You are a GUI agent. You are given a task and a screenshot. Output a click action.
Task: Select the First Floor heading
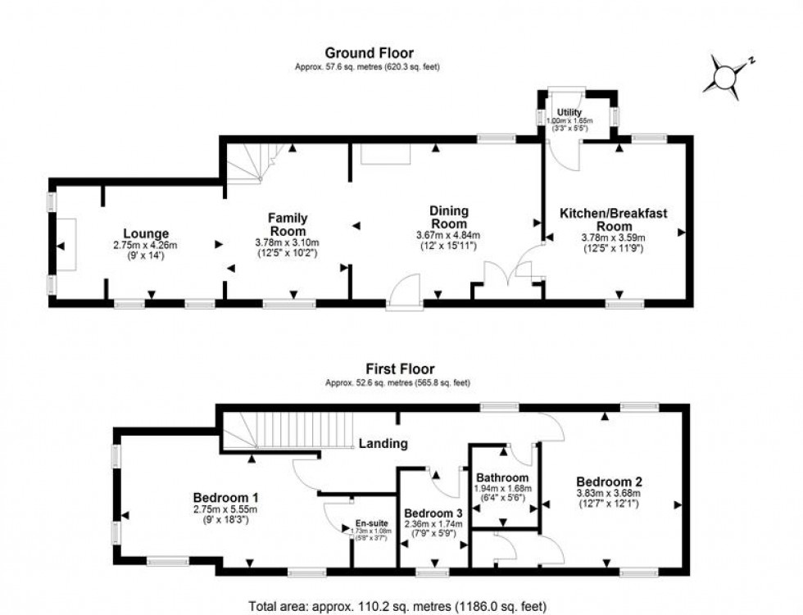click(400, 369)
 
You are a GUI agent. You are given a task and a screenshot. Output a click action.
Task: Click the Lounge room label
click(146, 233)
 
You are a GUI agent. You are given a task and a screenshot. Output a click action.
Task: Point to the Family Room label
click(288, 224)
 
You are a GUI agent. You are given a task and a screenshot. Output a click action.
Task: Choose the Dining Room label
click(448, 217)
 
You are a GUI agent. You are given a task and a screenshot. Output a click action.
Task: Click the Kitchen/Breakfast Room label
click(614, 219)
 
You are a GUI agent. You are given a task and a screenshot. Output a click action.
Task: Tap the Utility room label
click(569, 111)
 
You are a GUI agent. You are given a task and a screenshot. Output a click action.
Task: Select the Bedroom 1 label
click(226, 497)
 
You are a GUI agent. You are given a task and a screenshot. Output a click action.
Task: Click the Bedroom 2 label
click(608, 482)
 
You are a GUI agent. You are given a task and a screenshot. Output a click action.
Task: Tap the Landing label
click(383, 444)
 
